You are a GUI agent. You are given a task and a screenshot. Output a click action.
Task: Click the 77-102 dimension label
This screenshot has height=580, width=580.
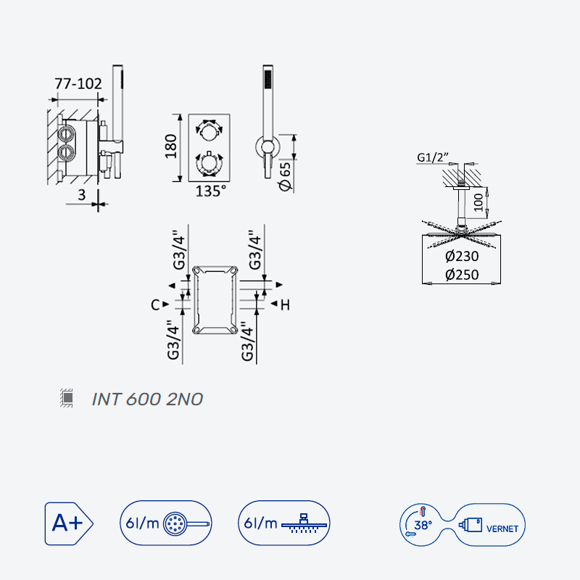tap(78, 83)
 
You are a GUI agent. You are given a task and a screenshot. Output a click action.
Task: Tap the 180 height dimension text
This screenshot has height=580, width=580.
tap(170, 147)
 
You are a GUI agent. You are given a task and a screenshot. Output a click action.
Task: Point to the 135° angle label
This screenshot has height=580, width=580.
tap(210, 191)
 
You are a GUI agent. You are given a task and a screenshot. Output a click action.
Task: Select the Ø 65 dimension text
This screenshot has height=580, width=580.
tap(285, 176)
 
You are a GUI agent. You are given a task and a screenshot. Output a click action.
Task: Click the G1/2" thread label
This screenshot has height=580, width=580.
tap(432, 157)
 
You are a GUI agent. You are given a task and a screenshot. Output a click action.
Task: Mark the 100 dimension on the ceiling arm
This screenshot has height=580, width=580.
tap(478, 202)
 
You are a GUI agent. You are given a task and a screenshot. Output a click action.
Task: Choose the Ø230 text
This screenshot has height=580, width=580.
tap(462, 256)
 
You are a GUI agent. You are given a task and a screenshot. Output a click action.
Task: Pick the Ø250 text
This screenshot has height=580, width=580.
tap(462, 275)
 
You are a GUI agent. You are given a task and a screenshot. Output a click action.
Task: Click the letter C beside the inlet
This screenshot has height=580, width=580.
tap(155, 304)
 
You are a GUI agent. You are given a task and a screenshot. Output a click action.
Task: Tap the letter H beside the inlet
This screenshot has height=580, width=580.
tap(285, 304)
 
